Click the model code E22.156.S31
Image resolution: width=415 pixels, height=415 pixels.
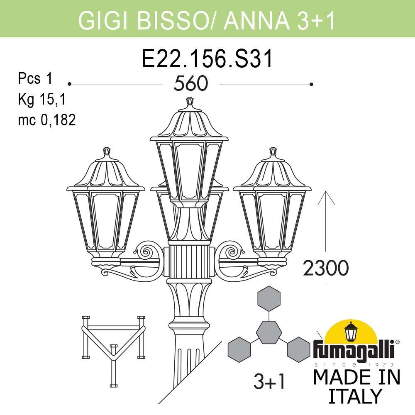click(207, 59)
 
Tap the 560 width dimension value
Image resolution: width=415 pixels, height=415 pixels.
click(190, 84)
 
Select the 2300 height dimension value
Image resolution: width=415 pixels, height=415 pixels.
click(325, 269)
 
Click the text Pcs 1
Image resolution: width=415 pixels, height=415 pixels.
click(36, 78)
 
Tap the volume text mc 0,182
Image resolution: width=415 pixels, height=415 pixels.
click(46, 120)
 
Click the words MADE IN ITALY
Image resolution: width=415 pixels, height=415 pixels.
click(356, 386)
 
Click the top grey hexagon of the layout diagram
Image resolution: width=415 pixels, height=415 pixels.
click(269, 298)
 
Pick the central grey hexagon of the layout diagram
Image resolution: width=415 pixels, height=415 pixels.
click(269, 332)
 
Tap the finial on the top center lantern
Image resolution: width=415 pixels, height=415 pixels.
click(190, 101)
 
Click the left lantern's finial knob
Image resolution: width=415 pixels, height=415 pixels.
click(107, 151)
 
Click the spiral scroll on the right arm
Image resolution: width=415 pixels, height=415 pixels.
click(232, 251)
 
